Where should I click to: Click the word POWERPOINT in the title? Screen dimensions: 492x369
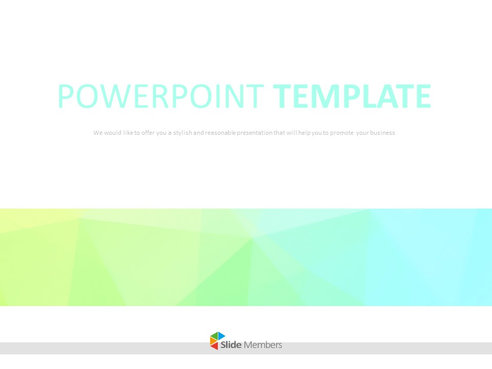pos(160,96)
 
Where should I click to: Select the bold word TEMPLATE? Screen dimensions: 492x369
pos(352,96)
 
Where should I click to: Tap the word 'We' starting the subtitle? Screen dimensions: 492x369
pos(98,133)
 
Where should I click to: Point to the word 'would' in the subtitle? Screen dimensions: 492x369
pos(113,133)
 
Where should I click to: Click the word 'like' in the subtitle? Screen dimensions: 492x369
pos(128,133)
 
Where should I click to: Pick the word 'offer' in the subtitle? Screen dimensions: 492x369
pos(148,133)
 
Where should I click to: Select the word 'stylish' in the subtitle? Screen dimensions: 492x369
pos(182,133)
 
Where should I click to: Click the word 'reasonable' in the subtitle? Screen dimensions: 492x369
pos(220,133)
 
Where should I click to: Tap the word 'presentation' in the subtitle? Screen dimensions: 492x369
pos(255,133)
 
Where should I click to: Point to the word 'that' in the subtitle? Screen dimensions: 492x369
pos(279,133)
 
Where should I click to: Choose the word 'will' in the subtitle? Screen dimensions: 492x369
pos(292,133)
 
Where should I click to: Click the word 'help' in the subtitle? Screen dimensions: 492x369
pos(304,133)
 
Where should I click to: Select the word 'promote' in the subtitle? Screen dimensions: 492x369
pos(342,133)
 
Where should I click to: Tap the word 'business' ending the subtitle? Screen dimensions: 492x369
pos(382,133)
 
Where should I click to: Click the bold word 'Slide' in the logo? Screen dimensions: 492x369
pos(231,345)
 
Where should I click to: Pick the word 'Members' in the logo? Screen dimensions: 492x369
pos(263,345)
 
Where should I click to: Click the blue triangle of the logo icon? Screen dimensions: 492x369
pos(221,336)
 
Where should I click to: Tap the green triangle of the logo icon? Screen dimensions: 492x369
pos(214,336)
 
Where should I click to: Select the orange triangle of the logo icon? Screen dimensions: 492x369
pos(212,341)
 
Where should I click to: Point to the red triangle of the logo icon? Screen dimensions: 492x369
pos(215,346)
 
